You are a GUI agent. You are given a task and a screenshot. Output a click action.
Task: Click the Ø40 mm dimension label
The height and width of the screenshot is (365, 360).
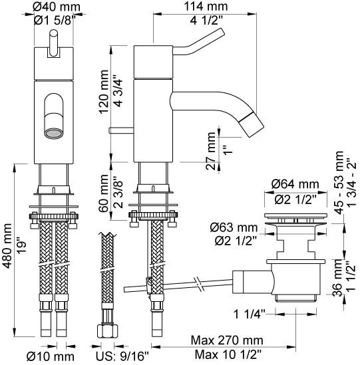(x=57, y=7)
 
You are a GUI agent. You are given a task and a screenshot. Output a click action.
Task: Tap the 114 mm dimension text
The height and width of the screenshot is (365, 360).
(x=206, y=7)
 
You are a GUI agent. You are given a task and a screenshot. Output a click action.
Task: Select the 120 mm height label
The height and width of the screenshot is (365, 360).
(x=104, y=92)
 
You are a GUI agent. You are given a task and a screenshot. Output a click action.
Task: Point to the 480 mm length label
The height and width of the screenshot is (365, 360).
(x=7, y=246)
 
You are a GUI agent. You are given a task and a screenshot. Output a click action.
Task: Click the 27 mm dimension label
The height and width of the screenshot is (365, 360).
(x=211, y=151)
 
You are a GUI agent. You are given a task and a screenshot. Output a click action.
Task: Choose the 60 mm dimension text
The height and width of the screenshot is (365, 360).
(x=104, y=193)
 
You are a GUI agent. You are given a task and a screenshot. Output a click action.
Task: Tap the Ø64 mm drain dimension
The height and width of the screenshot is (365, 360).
(x=295, y=184)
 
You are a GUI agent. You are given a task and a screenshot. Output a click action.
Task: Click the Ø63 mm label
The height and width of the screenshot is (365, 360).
(x=234, y=227)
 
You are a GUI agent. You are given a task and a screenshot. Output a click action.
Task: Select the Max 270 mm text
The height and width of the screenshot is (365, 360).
(x=227, y=340)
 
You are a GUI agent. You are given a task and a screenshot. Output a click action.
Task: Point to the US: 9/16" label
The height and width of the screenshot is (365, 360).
(x=122, y=356)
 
